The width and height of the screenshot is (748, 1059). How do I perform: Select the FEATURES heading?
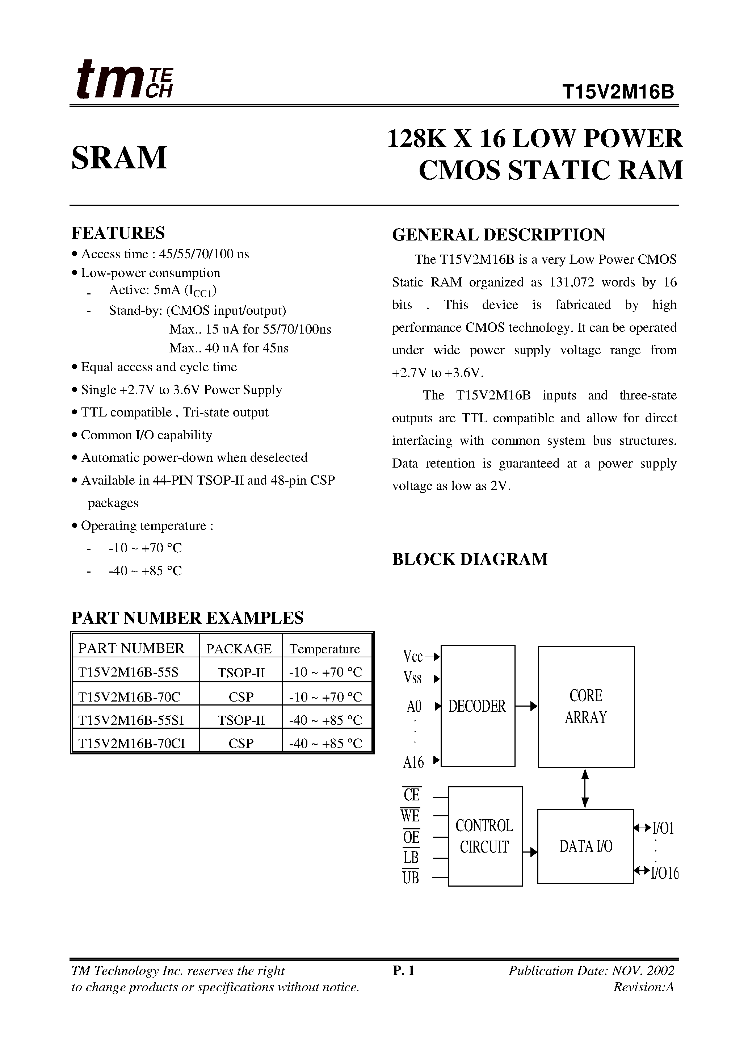click(118, 233)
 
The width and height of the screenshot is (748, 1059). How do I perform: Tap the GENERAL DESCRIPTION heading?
click(499, 235)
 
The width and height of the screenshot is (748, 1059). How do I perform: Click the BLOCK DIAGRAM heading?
click(470, 559)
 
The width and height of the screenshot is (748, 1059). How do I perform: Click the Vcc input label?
click(413, 656)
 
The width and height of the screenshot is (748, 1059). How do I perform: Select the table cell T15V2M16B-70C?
click(130, 696)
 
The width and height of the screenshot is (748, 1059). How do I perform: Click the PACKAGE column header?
click(239, 649)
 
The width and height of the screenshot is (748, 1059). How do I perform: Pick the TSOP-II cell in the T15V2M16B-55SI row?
click(241, 720)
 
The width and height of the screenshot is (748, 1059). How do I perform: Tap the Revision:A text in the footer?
click(643, 987)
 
